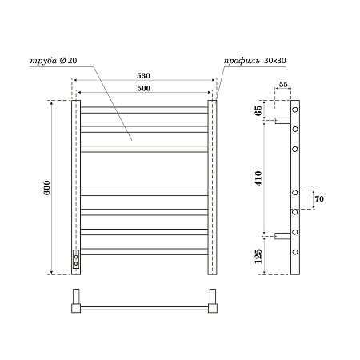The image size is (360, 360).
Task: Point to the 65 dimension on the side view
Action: coord(259,111)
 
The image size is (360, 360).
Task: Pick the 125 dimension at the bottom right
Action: coord(259,255)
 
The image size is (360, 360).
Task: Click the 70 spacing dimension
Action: coord(318,198)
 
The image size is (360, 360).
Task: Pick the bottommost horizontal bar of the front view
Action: coord(145,251)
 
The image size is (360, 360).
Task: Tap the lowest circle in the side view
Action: coord(295,251)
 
